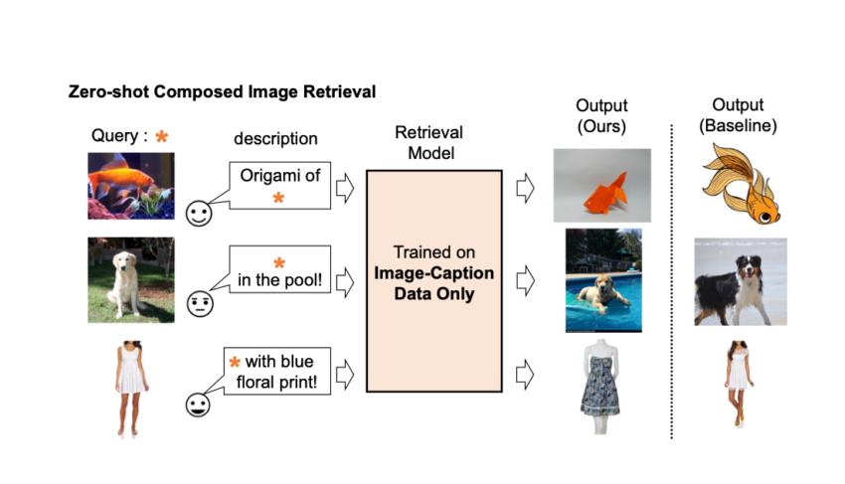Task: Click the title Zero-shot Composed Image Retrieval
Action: [x=222, y=91]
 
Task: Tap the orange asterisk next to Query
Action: [x=162, y=136]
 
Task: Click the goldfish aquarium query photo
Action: [x=131, y=186]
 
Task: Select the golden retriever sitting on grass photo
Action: [x=131, y=279]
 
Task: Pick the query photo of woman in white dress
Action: [x=131, y=388]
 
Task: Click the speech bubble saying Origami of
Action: [x=279, y=186]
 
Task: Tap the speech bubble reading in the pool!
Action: [x=279, y=269]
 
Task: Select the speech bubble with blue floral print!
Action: [x=276, y=371]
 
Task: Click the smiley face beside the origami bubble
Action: [x=199, y=214]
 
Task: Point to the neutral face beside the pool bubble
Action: [x=200, y=304]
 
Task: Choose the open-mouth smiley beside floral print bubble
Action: [x=198, y=404]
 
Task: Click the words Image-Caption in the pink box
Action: [x=433, y=273]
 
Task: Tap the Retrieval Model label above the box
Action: [x=430, y=143]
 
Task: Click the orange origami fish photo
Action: [x=602, y=186]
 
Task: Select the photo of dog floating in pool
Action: [x=603, y=280]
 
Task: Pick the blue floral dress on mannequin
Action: [x=600, y=386]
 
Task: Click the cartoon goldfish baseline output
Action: [x=741, y=184]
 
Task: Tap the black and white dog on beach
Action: [x=741, y=282]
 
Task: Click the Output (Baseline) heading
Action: [x=738, y=115]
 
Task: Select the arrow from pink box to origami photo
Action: [x=525, y=188]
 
